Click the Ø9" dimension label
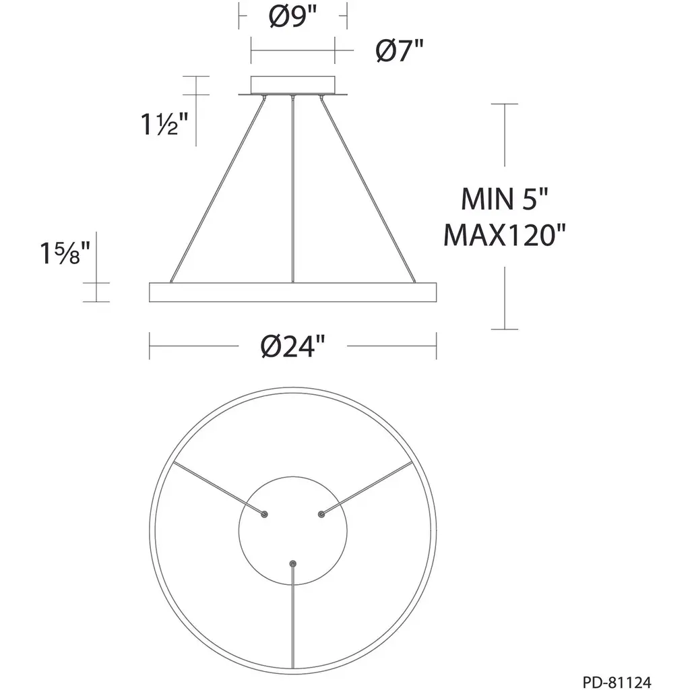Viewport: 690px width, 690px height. click(292, 18)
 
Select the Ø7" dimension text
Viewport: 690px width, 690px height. click(400, 51)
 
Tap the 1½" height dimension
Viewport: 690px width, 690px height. click(164, 124)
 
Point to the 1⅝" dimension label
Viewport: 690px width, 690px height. click(65, 253)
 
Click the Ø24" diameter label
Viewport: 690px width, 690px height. click(292, 346)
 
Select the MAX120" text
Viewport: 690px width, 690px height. click(504, 235)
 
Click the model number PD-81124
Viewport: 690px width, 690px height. click(617, 682)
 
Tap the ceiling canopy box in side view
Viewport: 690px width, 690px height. click(292, 85)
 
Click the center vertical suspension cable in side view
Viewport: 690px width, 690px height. click(292, 189)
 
